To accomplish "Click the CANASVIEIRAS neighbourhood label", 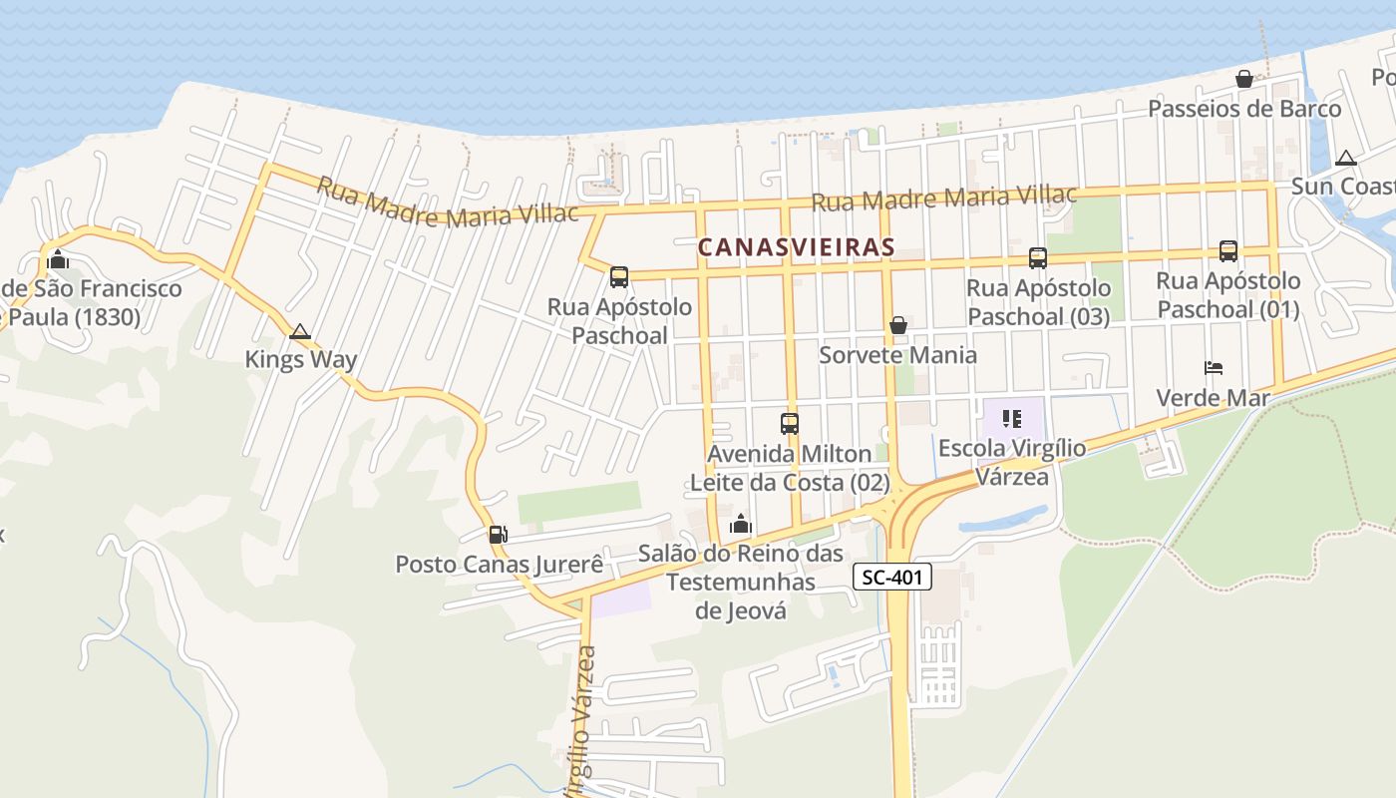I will coord(796,246).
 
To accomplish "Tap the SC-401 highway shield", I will coord(892,577).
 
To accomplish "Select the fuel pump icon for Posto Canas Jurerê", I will coord(499,536).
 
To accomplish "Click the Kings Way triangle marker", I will coord(300,331).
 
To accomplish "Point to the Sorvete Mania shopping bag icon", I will coord(898,325).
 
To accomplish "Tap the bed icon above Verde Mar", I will coord(1214,368).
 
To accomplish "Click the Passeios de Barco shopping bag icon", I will coord(1244,79).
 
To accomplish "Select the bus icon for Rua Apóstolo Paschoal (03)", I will coord(1038,258).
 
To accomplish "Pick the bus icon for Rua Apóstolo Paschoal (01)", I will coord(1228,251).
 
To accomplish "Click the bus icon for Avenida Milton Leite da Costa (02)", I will coord(790,423).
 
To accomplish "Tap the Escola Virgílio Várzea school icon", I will coord(1012,419).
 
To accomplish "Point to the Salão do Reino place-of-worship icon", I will coord(741,524).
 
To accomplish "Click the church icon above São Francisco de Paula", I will coord(58,260).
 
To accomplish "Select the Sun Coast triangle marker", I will coord(1346,158).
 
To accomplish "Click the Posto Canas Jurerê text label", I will coord(500,565).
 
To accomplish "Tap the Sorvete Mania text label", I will coord(897,355).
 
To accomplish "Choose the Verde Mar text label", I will coord(1213,398).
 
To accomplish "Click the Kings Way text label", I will coord(301,359).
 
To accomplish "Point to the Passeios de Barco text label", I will coord(1244,109).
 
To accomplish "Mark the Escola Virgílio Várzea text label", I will coord(1012,462).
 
